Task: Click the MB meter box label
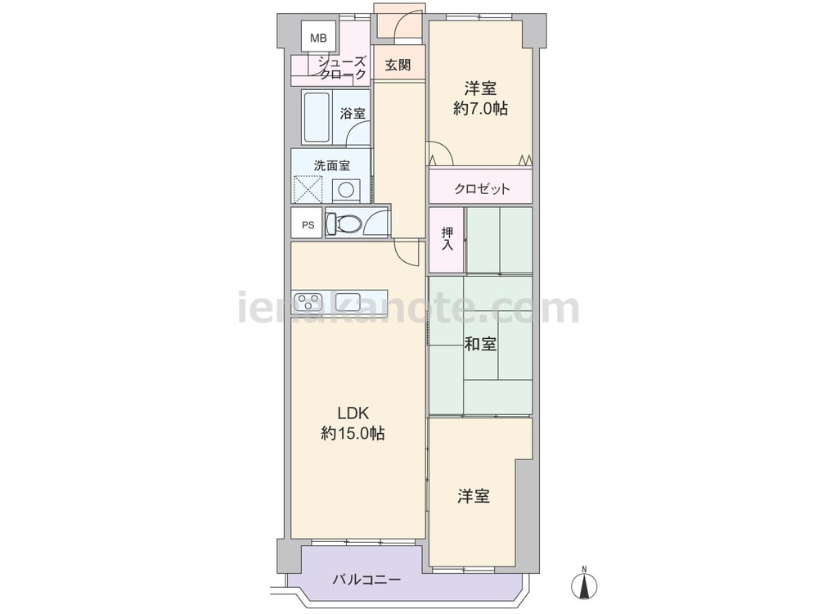(x=318, y=38)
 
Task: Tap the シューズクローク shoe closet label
(x=342, y=68)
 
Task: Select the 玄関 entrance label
(x=398, y=65)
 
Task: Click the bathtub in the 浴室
(x=316, y=117)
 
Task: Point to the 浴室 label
(x=353, y=113)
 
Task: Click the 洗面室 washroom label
(x=332, y=165)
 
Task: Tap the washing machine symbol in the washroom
(x=346, y=190)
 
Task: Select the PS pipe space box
(x=308, y=224)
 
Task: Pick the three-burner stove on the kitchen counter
(x=307, y=301)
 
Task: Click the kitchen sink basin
(x=349, y=301)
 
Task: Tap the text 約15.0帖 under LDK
(x=353, y=433)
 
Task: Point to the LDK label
(x=353, y=413)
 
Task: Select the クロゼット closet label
(x=482, y=188)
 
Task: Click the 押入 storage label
(x=447, y=238)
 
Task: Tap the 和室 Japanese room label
(x=480, y=344)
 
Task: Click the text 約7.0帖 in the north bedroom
(x=480, y=109)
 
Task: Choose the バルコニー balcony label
(x=366, y=580)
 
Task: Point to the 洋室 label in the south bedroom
(x=474, y=496)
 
